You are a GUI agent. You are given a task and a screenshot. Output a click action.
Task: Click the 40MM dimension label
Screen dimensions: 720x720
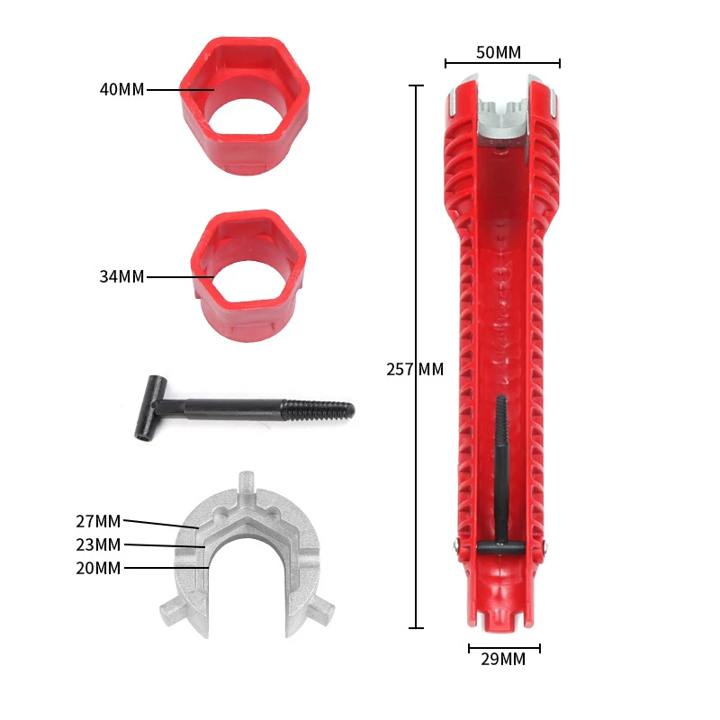(x=122, y=89)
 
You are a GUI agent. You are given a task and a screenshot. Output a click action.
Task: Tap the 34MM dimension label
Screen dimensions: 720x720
(x=122, y=276)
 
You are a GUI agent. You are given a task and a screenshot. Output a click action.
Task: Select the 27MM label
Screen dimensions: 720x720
(x=98, y=521)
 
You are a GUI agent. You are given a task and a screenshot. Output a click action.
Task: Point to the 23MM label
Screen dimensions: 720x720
(x=98, y=544)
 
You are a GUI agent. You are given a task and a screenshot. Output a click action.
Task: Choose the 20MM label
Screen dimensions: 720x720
(x=98, y=568)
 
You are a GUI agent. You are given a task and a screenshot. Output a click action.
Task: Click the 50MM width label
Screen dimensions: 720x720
(x=499, y=52)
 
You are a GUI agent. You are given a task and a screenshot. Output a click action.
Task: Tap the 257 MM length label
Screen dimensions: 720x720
(x=415, y=369)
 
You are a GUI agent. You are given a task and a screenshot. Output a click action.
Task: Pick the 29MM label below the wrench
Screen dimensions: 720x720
(x=503, y=659)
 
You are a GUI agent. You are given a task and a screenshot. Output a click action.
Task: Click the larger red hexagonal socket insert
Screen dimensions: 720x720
(x=245, y=105)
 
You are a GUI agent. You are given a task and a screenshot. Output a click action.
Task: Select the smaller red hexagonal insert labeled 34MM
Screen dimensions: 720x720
(x=248, y=275)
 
